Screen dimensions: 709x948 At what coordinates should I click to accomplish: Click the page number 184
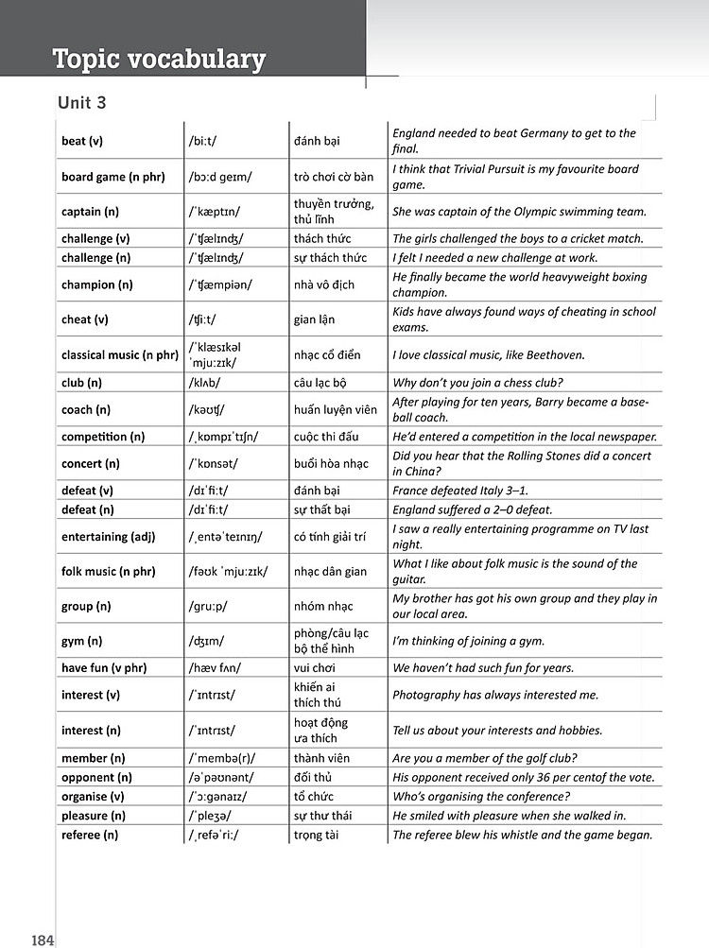pos(43,939)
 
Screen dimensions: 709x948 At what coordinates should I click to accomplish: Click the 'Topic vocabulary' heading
pos(159,60)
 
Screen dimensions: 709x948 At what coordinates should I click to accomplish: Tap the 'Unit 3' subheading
pos(89,103)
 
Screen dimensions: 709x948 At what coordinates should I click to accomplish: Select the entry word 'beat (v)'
pos(82,142)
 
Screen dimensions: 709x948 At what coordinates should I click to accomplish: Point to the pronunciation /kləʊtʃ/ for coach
pos(208,409)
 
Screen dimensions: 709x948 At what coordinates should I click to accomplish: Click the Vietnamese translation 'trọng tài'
pos(321,835)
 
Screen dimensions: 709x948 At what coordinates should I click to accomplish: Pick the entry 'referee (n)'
pos(90,835)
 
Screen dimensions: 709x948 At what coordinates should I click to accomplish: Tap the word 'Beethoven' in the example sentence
pos(556,355)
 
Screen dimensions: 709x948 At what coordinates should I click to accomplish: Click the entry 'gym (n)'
pos(81,641)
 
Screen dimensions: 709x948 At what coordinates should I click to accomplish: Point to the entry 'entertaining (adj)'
pos(108,537)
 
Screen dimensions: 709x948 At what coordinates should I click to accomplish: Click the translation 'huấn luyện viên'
pos(336,409)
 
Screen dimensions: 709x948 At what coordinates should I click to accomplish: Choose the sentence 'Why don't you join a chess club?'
pos(491,383)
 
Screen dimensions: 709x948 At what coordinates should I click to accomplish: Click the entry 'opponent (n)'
pos(96,777)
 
